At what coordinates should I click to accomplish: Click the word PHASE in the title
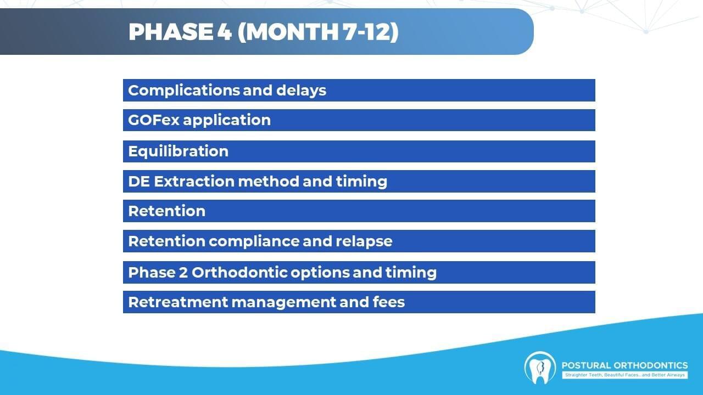[x=171, y=32]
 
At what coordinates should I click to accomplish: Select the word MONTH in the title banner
[x=294, y=32]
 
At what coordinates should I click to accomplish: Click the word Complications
[x=184, y=91]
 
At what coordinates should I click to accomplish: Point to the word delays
[x=302, y=91]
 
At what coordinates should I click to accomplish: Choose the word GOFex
[x=153, y=120]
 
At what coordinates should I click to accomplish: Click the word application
[x=227, y=120]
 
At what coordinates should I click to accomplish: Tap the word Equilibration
[x=178, y=151]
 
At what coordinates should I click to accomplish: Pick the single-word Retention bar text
[x=166, y=211]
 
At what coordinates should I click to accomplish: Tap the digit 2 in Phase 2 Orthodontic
[x=183, y=273]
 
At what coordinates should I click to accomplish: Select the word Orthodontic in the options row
[x=239, y=272]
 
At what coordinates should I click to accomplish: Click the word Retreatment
[x=178, y=302]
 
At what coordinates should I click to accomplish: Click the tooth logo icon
[x=540, y=368]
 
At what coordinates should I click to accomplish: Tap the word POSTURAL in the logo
[x=586, y=365]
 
